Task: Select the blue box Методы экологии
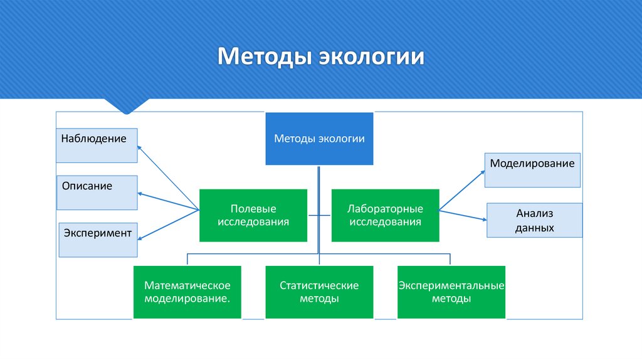319,139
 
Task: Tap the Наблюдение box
97,146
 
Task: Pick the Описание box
97,193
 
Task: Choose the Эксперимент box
98,240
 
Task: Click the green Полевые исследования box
253,215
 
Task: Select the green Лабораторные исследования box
385,215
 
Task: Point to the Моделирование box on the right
532,170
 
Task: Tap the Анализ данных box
535,220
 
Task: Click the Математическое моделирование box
187,292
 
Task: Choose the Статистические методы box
319,292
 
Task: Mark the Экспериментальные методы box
451,292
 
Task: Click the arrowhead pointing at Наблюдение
140,147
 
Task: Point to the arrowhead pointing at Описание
140,194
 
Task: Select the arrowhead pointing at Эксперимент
140,238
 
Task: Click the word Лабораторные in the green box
385,209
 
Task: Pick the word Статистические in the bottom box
319,286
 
